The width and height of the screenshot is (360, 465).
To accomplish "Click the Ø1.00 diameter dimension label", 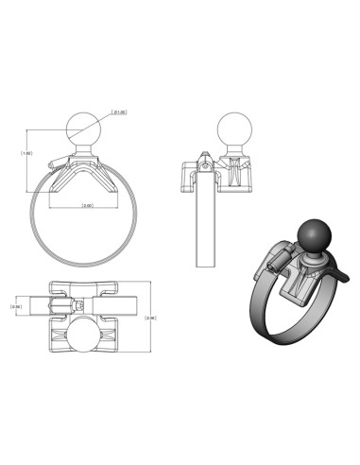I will [x=120, y=112].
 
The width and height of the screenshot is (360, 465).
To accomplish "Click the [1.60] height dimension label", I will [x=27, y=150].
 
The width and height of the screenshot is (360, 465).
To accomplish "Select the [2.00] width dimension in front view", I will [x=87, y=205].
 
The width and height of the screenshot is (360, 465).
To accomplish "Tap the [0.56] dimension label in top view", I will [x=15, y=306].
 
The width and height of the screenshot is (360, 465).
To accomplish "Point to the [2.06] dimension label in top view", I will [x=150, y=318].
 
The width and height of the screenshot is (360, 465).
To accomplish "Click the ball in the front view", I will [x=85, y=127].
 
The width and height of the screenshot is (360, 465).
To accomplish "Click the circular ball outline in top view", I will [x=87, y=336].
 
